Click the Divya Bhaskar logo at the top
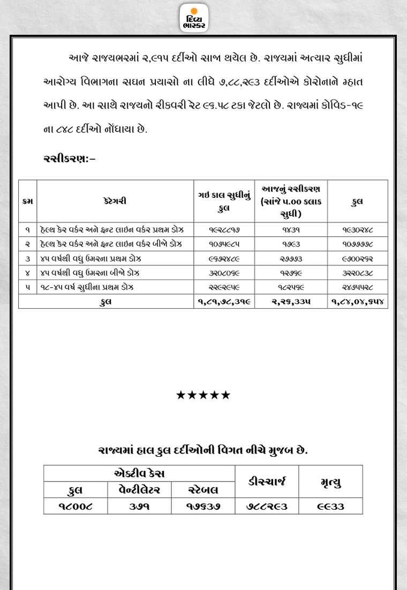coord(194,18)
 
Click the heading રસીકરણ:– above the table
coord(69,159)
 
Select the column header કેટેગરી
coord(115,201)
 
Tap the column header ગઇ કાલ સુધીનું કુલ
coord(224,201)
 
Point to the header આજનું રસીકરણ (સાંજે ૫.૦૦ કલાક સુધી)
coord(291,201)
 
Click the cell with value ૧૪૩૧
coord(291,229)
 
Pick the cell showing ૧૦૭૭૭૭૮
coord(358,244)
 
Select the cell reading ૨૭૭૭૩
coord(291,258)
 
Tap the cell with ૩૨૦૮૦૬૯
coord(224,273)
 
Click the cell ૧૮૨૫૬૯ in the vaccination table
coord(291,287)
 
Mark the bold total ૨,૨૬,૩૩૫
coord(291,302)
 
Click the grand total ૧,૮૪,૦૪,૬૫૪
coord(358,302)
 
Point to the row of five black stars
coord(203,395)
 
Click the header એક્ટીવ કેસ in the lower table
coord(139,473)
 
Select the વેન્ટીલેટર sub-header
coord(139,489)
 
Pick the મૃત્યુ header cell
coord(330,481)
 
